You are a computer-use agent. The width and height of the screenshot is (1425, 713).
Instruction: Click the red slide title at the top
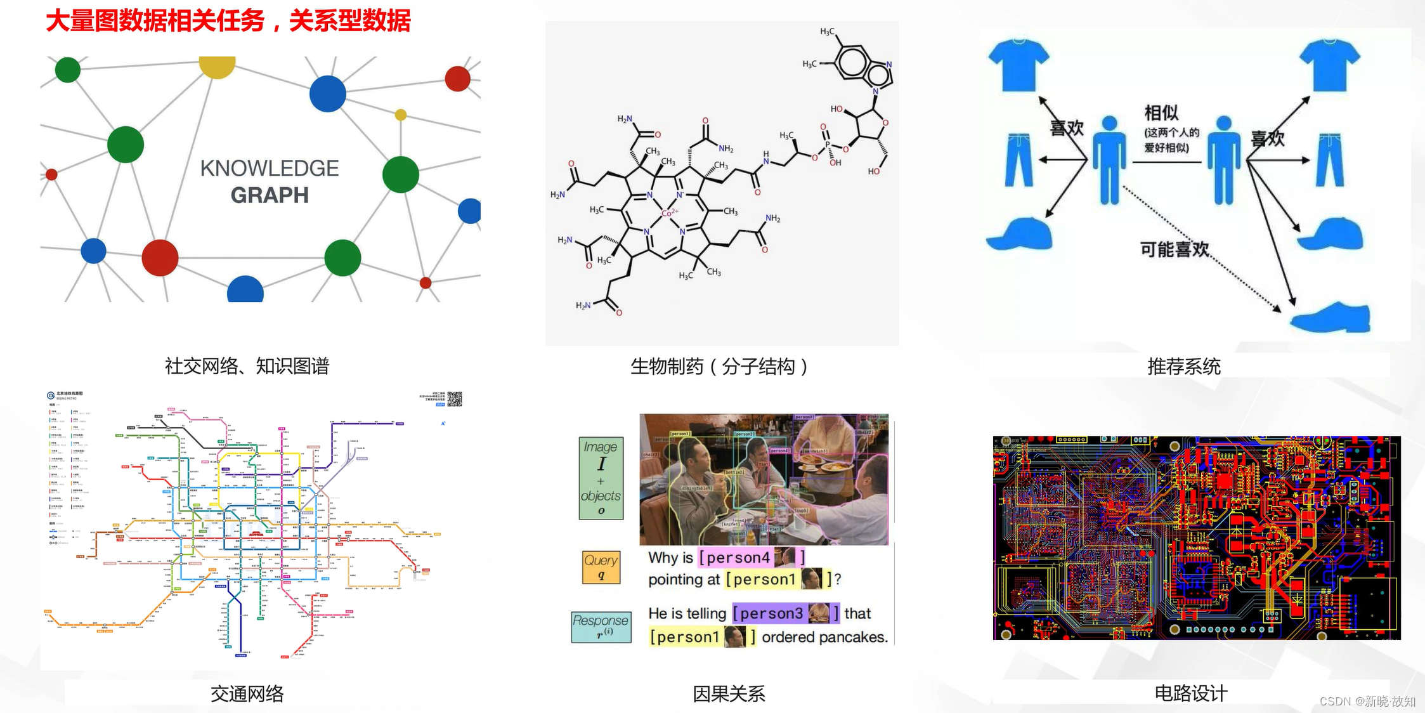228,21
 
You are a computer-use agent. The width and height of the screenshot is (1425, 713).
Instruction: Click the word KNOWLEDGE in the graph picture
270,168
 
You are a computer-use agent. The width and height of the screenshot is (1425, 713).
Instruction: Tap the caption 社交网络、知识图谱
247,366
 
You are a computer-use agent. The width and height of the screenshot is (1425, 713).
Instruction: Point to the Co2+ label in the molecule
670,213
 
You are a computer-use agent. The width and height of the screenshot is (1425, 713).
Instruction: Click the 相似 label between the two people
1161,113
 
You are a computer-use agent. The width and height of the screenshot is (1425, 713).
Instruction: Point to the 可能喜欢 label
1174,249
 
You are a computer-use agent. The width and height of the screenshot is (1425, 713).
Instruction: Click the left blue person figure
1109,160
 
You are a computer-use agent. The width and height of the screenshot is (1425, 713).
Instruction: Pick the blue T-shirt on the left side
1018,64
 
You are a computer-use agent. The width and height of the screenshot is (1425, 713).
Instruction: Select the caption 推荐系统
1183,366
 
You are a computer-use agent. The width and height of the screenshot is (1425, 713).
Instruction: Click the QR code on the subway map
455,398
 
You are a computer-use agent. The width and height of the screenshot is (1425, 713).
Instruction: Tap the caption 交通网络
247,693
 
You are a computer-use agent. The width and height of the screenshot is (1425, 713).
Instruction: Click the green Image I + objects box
601,478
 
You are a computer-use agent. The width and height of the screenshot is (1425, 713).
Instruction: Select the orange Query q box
601,566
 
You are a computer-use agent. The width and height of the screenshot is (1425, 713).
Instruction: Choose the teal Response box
601,627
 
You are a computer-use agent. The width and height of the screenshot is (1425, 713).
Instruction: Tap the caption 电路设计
1190,693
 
